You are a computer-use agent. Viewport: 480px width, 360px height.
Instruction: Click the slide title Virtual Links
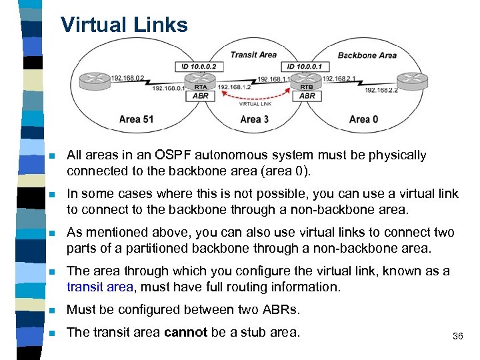click(124, 25)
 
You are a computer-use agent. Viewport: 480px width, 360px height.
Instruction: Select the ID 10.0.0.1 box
click(306, 67)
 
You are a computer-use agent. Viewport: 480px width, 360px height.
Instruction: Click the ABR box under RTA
click(200, 96)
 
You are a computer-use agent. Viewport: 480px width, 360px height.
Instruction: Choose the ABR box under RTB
click(307, 96)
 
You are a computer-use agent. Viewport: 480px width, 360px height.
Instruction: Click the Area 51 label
click(136, 119)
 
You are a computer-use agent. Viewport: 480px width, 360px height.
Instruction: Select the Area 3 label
click(255, 119)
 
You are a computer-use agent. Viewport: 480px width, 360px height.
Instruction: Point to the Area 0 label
click(363, 119)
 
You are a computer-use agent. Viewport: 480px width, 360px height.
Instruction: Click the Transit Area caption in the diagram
click(253, 55)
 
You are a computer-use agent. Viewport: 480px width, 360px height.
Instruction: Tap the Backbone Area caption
click(367, 55)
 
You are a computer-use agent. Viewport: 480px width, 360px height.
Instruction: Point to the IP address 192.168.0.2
click(128, 77)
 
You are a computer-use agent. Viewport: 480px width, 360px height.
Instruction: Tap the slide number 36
click(457, 337)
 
